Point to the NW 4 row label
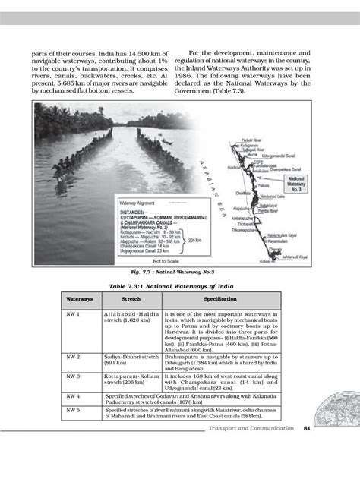tap(74, 395)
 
